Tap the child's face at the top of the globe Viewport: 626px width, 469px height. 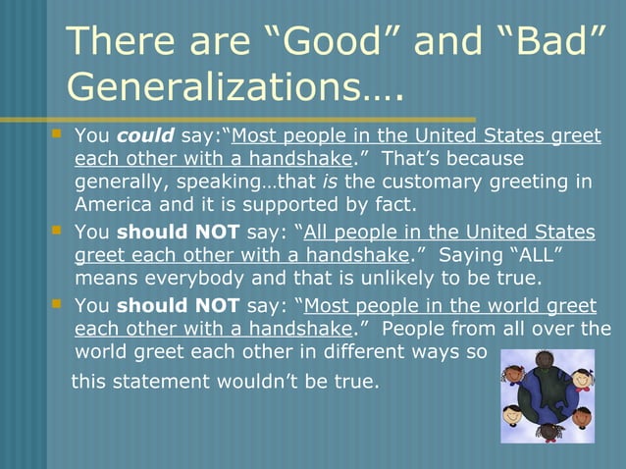544,360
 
